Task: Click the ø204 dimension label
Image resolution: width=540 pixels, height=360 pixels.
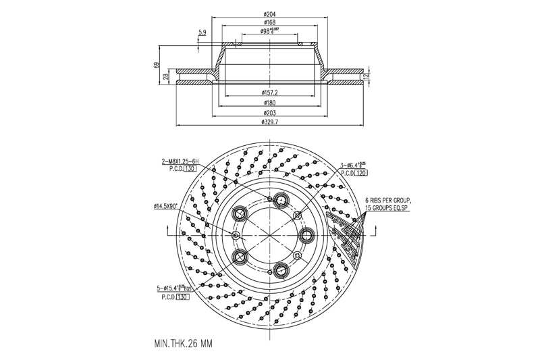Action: (269, 14)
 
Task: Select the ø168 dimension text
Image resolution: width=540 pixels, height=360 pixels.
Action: (269, 23)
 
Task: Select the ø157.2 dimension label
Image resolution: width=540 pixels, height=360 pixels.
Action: (269, 92)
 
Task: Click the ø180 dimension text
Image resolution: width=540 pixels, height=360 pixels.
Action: (269, 103)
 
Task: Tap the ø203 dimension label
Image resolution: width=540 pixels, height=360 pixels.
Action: (269, 113)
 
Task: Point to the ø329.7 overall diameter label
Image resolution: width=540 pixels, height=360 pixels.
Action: (269, 123)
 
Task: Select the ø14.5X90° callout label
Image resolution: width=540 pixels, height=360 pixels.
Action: (165, 206)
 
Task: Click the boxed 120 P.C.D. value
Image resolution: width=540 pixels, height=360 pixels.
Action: (362, 173)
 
